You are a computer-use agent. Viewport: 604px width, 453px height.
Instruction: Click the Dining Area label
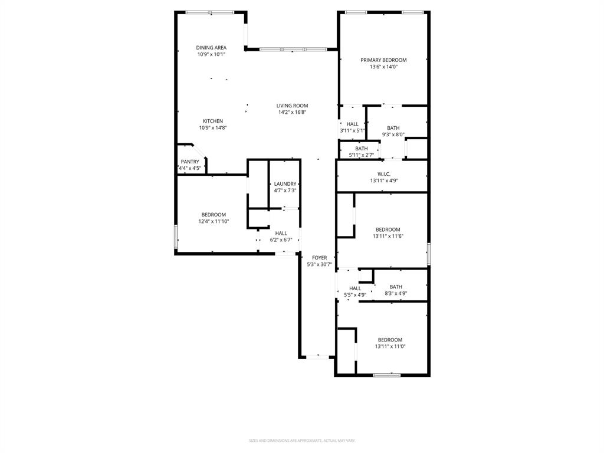pyautogui.click(x=211, y=48)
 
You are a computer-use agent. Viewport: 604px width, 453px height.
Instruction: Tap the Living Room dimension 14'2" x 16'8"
pyautogui.click(x=292, y=112)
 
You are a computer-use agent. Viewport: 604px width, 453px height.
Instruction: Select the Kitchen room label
pyautogui.click(x=213, y=121)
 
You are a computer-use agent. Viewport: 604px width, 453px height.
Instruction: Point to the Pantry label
pyautogui.click(x=190, y=162)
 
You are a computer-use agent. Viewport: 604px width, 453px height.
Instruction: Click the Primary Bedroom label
pyautogui.click(x=383, y=60)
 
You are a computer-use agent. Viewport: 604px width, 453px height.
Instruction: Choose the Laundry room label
pyautogui.click(x=285, y=184)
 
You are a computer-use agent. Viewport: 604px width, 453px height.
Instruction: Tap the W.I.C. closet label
pyautogui.click(x=383, y=174)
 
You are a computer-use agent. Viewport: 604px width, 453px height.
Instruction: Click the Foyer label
pyautogui.click(x=319, y=258)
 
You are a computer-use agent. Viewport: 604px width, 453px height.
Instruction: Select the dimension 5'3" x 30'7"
pyautogui.click(x=319, y=265)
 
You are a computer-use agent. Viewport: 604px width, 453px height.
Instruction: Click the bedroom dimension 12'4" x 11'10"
pyautogui.click(x=214, y=222)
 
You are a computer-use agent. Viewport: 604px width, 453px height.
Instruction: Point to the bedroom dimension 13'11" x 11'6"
pyautogui.click(x=388, y=237)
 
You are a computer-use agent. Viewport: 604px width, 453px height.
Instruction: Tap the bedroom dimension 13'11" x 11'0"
pyautogui.click(x=390, y=346)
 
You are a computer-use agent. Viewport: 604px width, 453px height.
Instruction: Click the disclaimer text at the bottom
pyautogui.click(x=302, y=441)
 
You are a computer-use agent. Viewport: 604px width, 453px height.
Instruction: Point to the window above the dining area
pyautogui.click(x=210, y=12)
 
